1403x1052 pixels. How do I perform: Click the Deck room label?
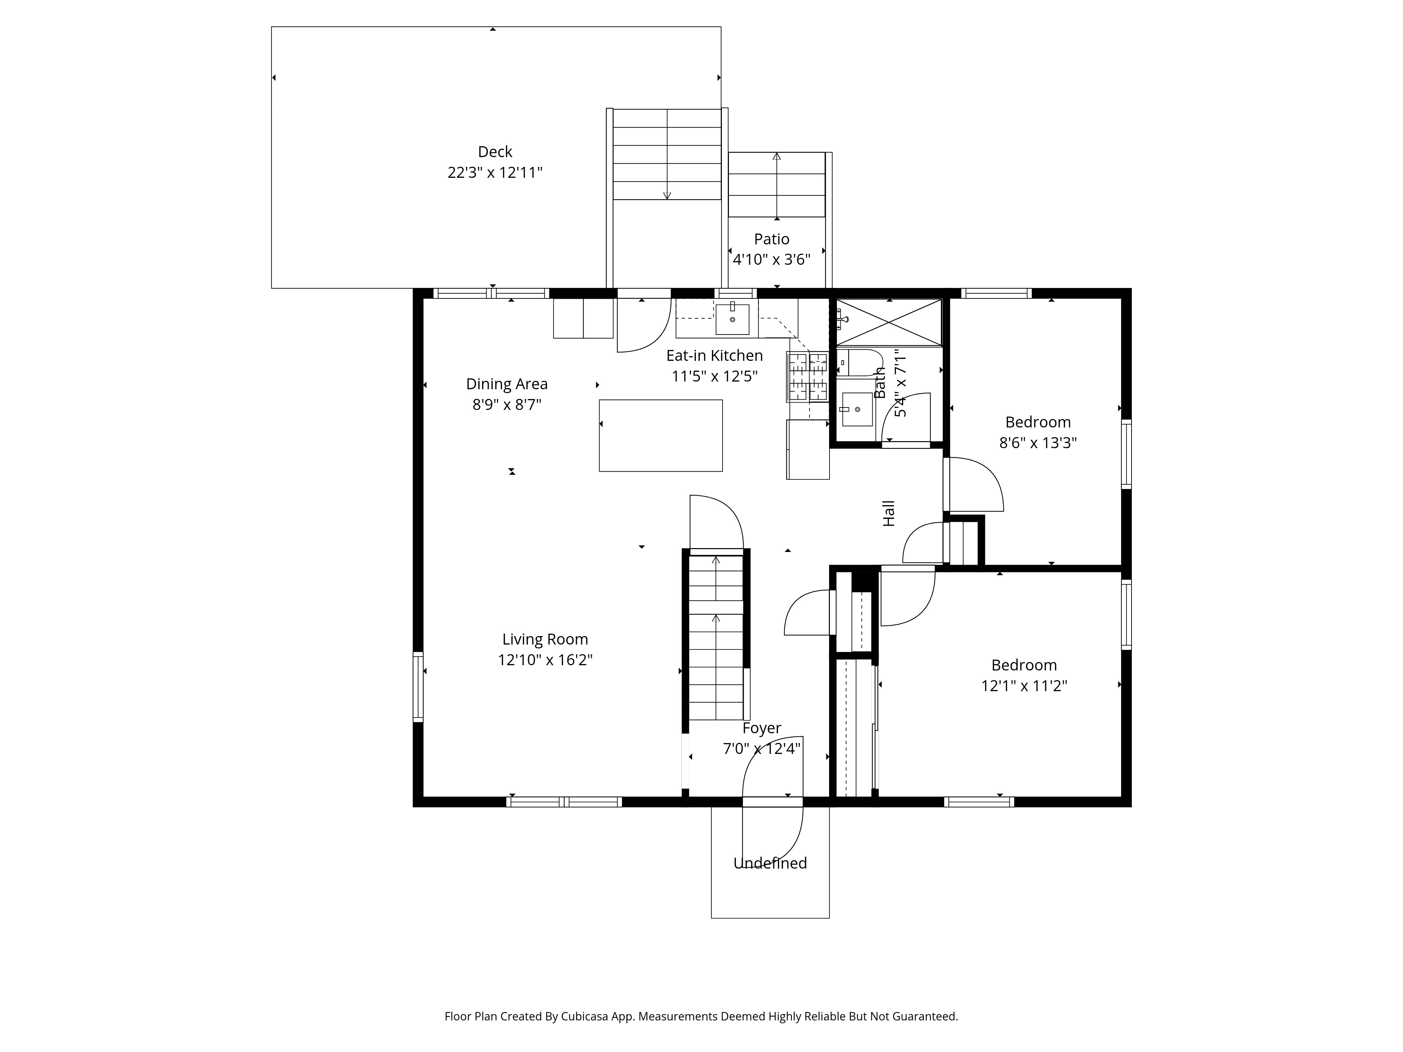(495, 151)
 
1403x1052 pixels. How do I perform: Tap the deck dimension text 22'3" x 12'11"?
(495, 173)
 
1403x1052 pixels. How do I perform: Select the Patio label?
(771, 239)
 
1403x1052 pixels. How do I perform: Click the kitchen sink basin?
(733, 319)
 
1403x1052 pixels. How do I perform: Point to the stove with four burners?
(807, 377)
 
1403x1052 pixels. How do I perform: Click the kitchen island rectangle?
(660, 435)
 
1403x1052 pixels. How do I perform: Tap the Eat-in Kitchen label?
(714, 356)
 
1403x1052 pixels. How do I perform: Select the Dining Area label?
(507, 384)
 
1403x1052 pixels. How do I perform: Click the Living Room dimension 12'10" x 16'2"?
(545, 660)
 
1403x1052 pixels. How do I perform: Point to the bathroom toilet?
(859, 363)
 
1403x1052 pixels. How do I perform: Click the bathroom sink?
(856, 409)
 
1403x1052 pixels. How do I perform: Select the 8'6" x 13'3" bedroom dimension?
(1038, 443)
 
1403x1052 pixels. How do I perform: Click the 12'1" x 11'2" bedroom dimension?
(1024, 686)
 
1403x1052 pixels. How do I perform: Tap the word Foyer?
(762, 728)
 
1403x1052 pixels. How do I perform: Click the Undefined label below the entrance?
(770, 863)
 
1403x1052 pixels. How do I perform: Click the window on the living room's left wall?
(418, 687)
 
